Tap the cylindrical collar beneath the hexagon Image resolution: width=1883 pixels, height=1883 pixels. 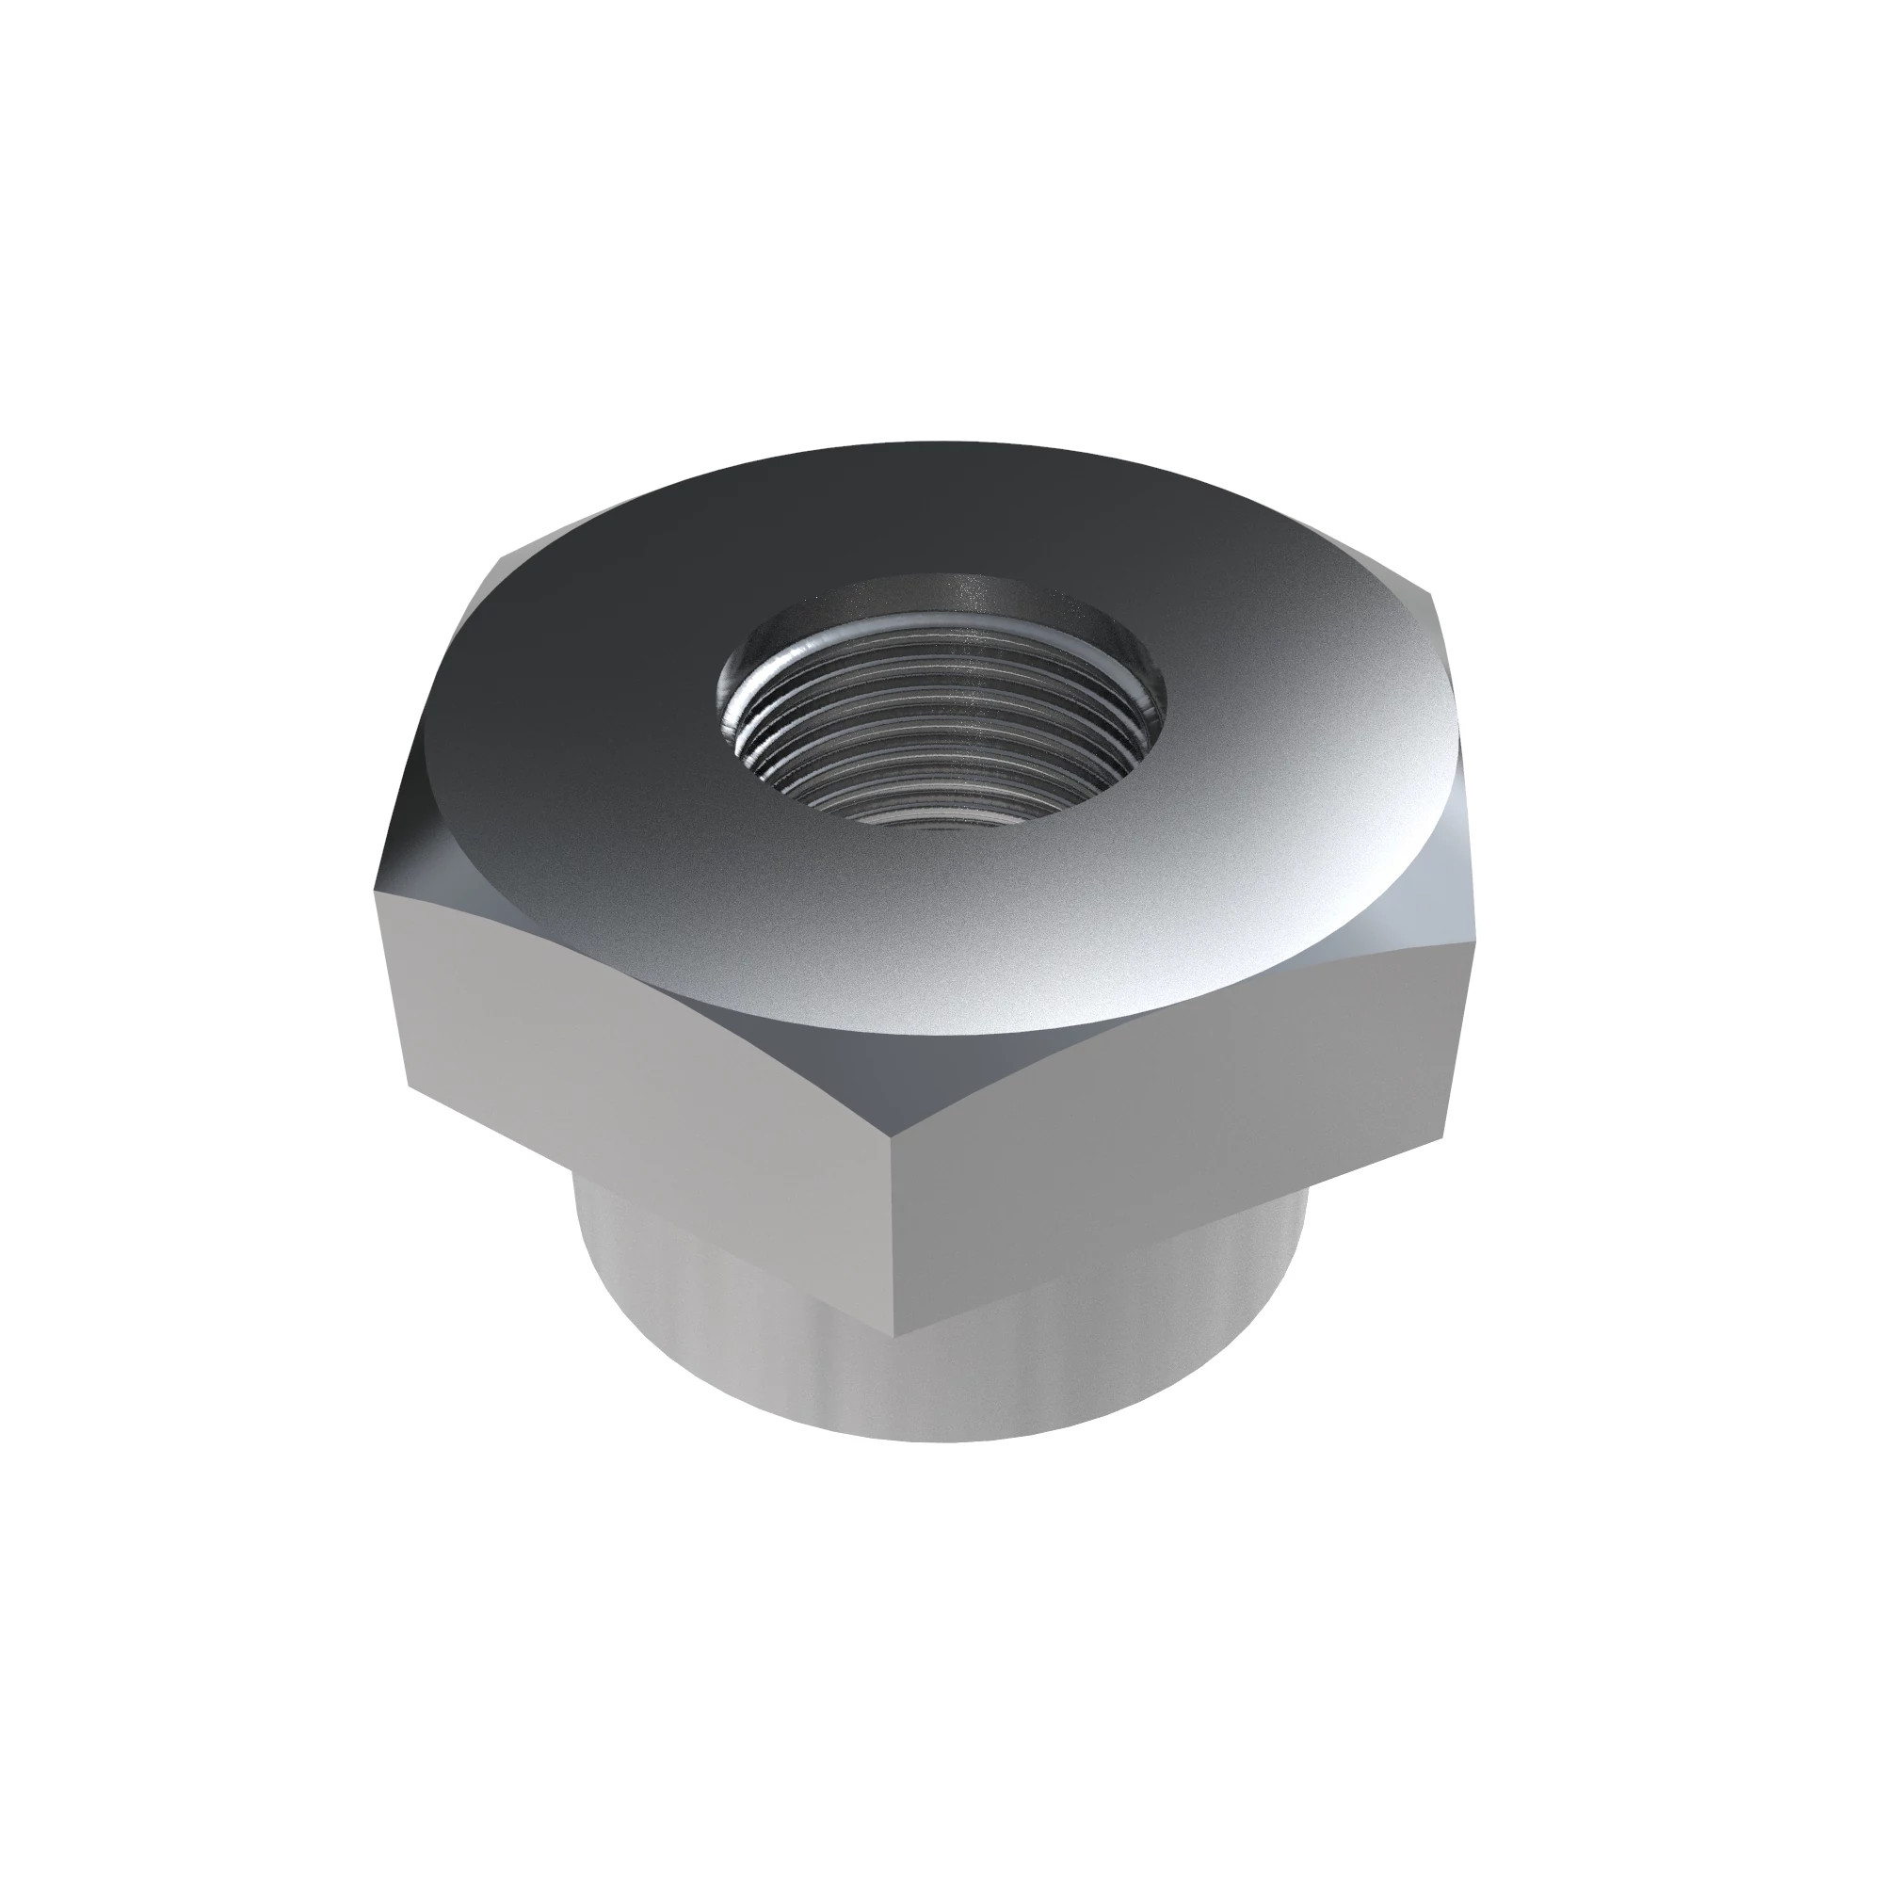click(741, 1364)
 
